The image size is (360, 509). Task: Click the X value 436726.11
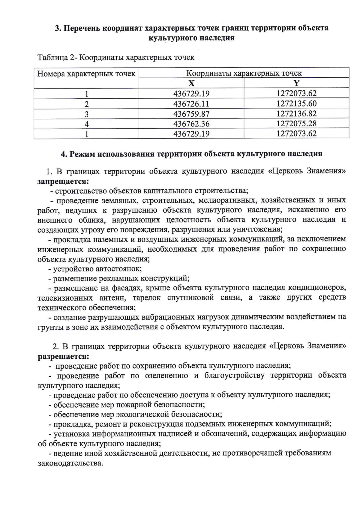tap(191, 104)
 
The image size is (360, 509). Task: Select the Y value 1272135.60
tap(296, 104)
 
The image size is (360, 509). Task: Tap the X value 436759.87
tap(191, 114)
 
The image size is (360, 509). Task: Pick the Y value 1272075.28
tap(296, 124)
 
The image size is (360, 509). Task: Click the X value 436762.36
tap(191, 124)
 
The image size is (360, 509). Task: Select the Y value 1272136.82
tap(296, 114)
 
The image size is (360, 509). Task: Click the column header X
tap(191, 83)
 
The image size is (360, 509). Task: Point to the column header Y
tap(296, 83)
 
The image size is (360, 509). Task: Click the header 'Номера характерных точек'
tap(86, 74)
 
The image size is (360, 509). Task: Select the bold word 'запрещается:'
tap(63, 181)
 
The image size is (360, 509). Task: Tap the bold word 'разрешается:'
tap(63, 356)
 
